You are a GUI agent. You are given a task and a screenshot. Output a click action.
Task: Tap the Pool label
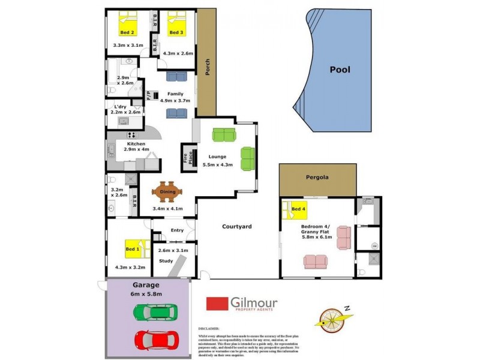tap(340, 70)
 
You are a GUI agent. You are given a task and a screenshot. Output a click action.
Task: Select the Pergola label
tap(318, 178)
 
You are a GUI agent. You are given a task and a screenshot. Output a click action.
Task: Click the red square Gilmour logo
tap(217, 305)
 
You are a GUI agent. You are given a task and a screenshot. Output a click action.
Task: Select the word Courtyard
tap(236, 227)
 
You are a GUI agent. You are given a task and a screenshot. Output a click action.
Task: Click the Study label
tap(166, 261)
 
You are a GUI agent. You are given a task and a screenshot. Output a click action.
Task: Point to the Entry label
tap(177, 230)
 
